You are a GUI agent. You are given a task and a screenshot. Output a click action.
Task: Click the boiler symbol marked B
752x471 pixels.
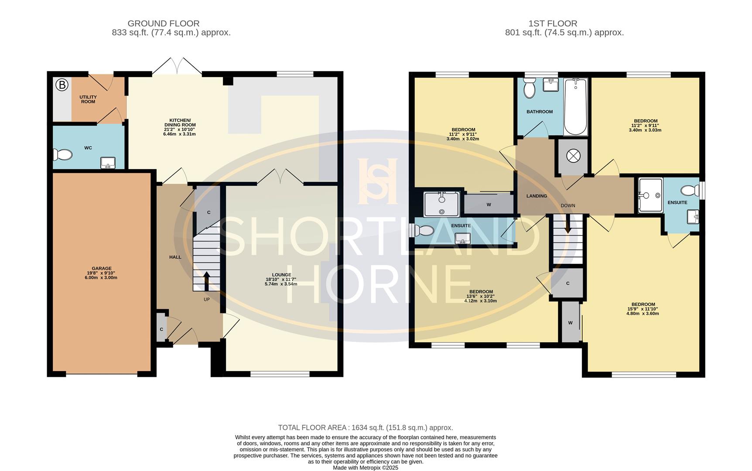[x=62, y=85]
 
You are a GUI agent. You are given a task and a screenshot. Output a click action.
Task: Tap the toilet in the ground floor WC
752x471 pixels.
[x=62, y=155]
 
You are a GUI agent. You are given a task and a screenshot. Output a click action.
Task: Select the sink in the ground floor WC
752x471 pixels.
[x=108, y=163]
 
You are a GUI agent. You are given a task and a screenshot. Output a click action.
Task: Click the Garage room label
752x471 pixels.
[x=101, y=269]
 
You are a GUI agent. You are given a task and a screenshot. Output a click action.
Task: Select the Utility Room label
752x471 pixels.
[x=88, y=99]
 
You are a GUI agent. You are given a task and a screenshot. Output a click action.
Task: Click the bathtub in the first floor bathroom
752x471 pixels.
[x=575, y=107]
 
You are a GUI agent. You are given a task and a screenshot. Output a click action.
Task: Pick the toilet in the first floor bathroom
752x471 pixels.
[x=530, y=89]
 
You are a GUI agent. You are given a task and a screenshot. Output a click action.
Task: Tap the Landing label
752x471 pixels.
[x=537, y=196]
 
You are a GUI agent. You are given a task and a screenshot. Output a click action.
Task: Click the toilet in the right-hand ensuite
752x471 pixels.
[x=690, y=191]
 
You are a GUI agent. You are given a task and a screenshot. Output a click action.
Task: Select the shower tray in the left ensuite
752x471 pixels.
[x=441, y=204]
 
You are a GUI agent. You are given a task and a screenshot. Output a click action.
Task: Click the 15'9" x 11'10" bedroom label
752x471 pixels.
[x=643, y=309]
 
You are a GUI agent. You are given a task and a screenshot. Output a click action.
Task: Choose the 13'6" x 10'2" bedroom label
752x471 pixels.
[x=481, y=296]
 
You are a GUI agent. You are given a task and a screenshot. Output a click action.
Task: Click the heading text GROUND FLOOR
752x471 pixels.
[x=163, y=24]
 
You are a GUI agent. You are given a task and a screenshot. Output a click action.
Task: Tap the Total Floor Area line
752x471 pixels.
[x=365, y=428]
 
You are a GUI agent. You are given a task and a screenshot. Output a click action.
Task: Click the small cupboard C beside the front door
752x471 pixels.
[x=161, y=329]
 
